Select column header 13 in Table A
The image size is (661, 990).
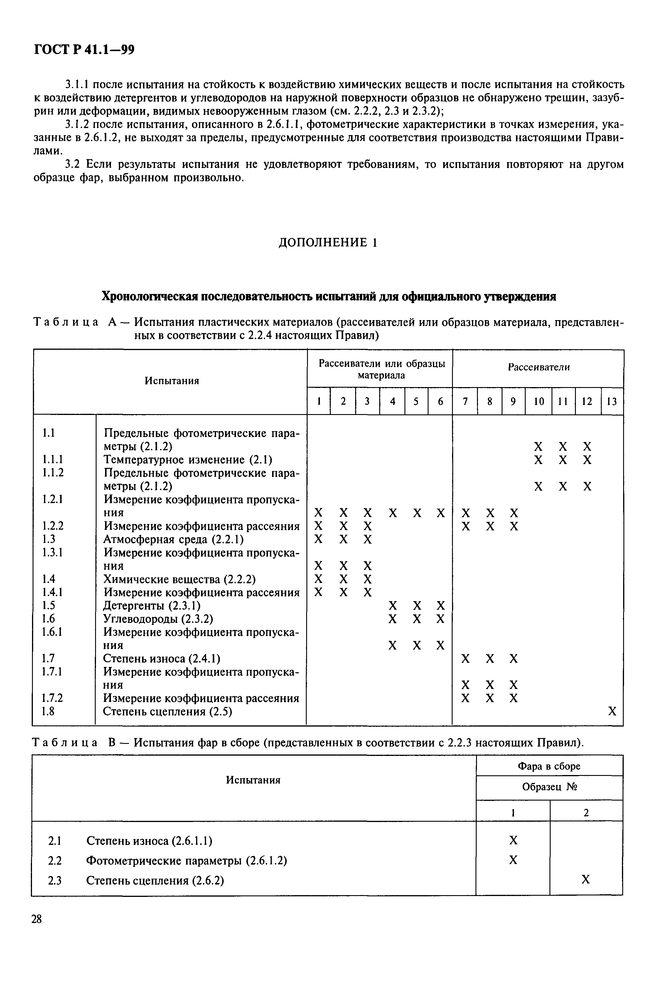612,401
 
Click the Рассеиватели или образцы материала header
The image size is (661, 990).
382,369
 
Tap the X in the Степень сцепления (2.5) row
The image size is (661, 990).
612,712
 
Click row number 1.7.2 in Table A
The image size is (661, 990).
52,698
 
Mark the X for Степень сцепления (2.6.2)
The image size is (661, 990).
586,880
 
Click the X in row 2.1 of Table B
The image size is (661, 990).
513,841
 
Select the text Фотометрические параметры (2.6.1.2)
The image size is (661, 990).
186,860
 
